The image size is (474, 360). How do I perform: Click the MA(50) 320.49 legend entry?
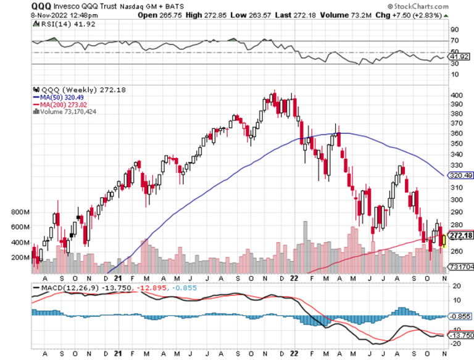click(59, 97)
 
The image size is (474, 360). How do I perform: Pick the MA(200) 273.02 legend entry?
click(60, 104)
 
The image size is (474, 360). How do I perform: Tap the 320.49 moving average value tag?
click(460, 175)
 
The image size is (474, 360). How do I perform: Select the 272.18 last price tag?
click(460, 236)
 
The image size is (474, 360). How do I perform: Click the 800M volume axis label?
click(21, 212)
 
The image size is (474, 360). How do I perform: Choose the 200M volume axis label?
click(21, 257)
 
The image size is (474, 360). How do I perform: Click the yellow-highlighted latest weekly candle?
click(443, 237)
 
